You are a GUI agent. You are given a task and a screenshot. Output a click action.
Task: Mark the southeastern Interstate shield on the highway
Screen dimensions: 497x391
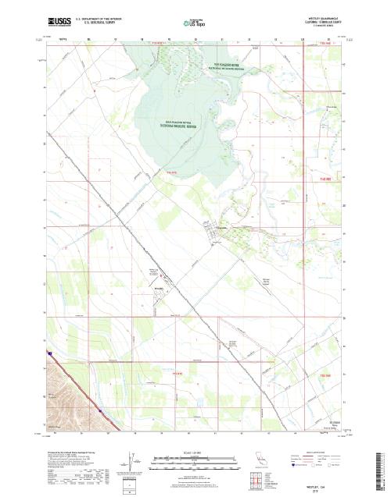(x=101, y=406)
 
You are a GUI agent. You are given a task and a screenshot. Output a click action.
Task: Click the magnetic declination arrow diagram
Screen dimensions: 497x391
(x=129, y=460)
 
